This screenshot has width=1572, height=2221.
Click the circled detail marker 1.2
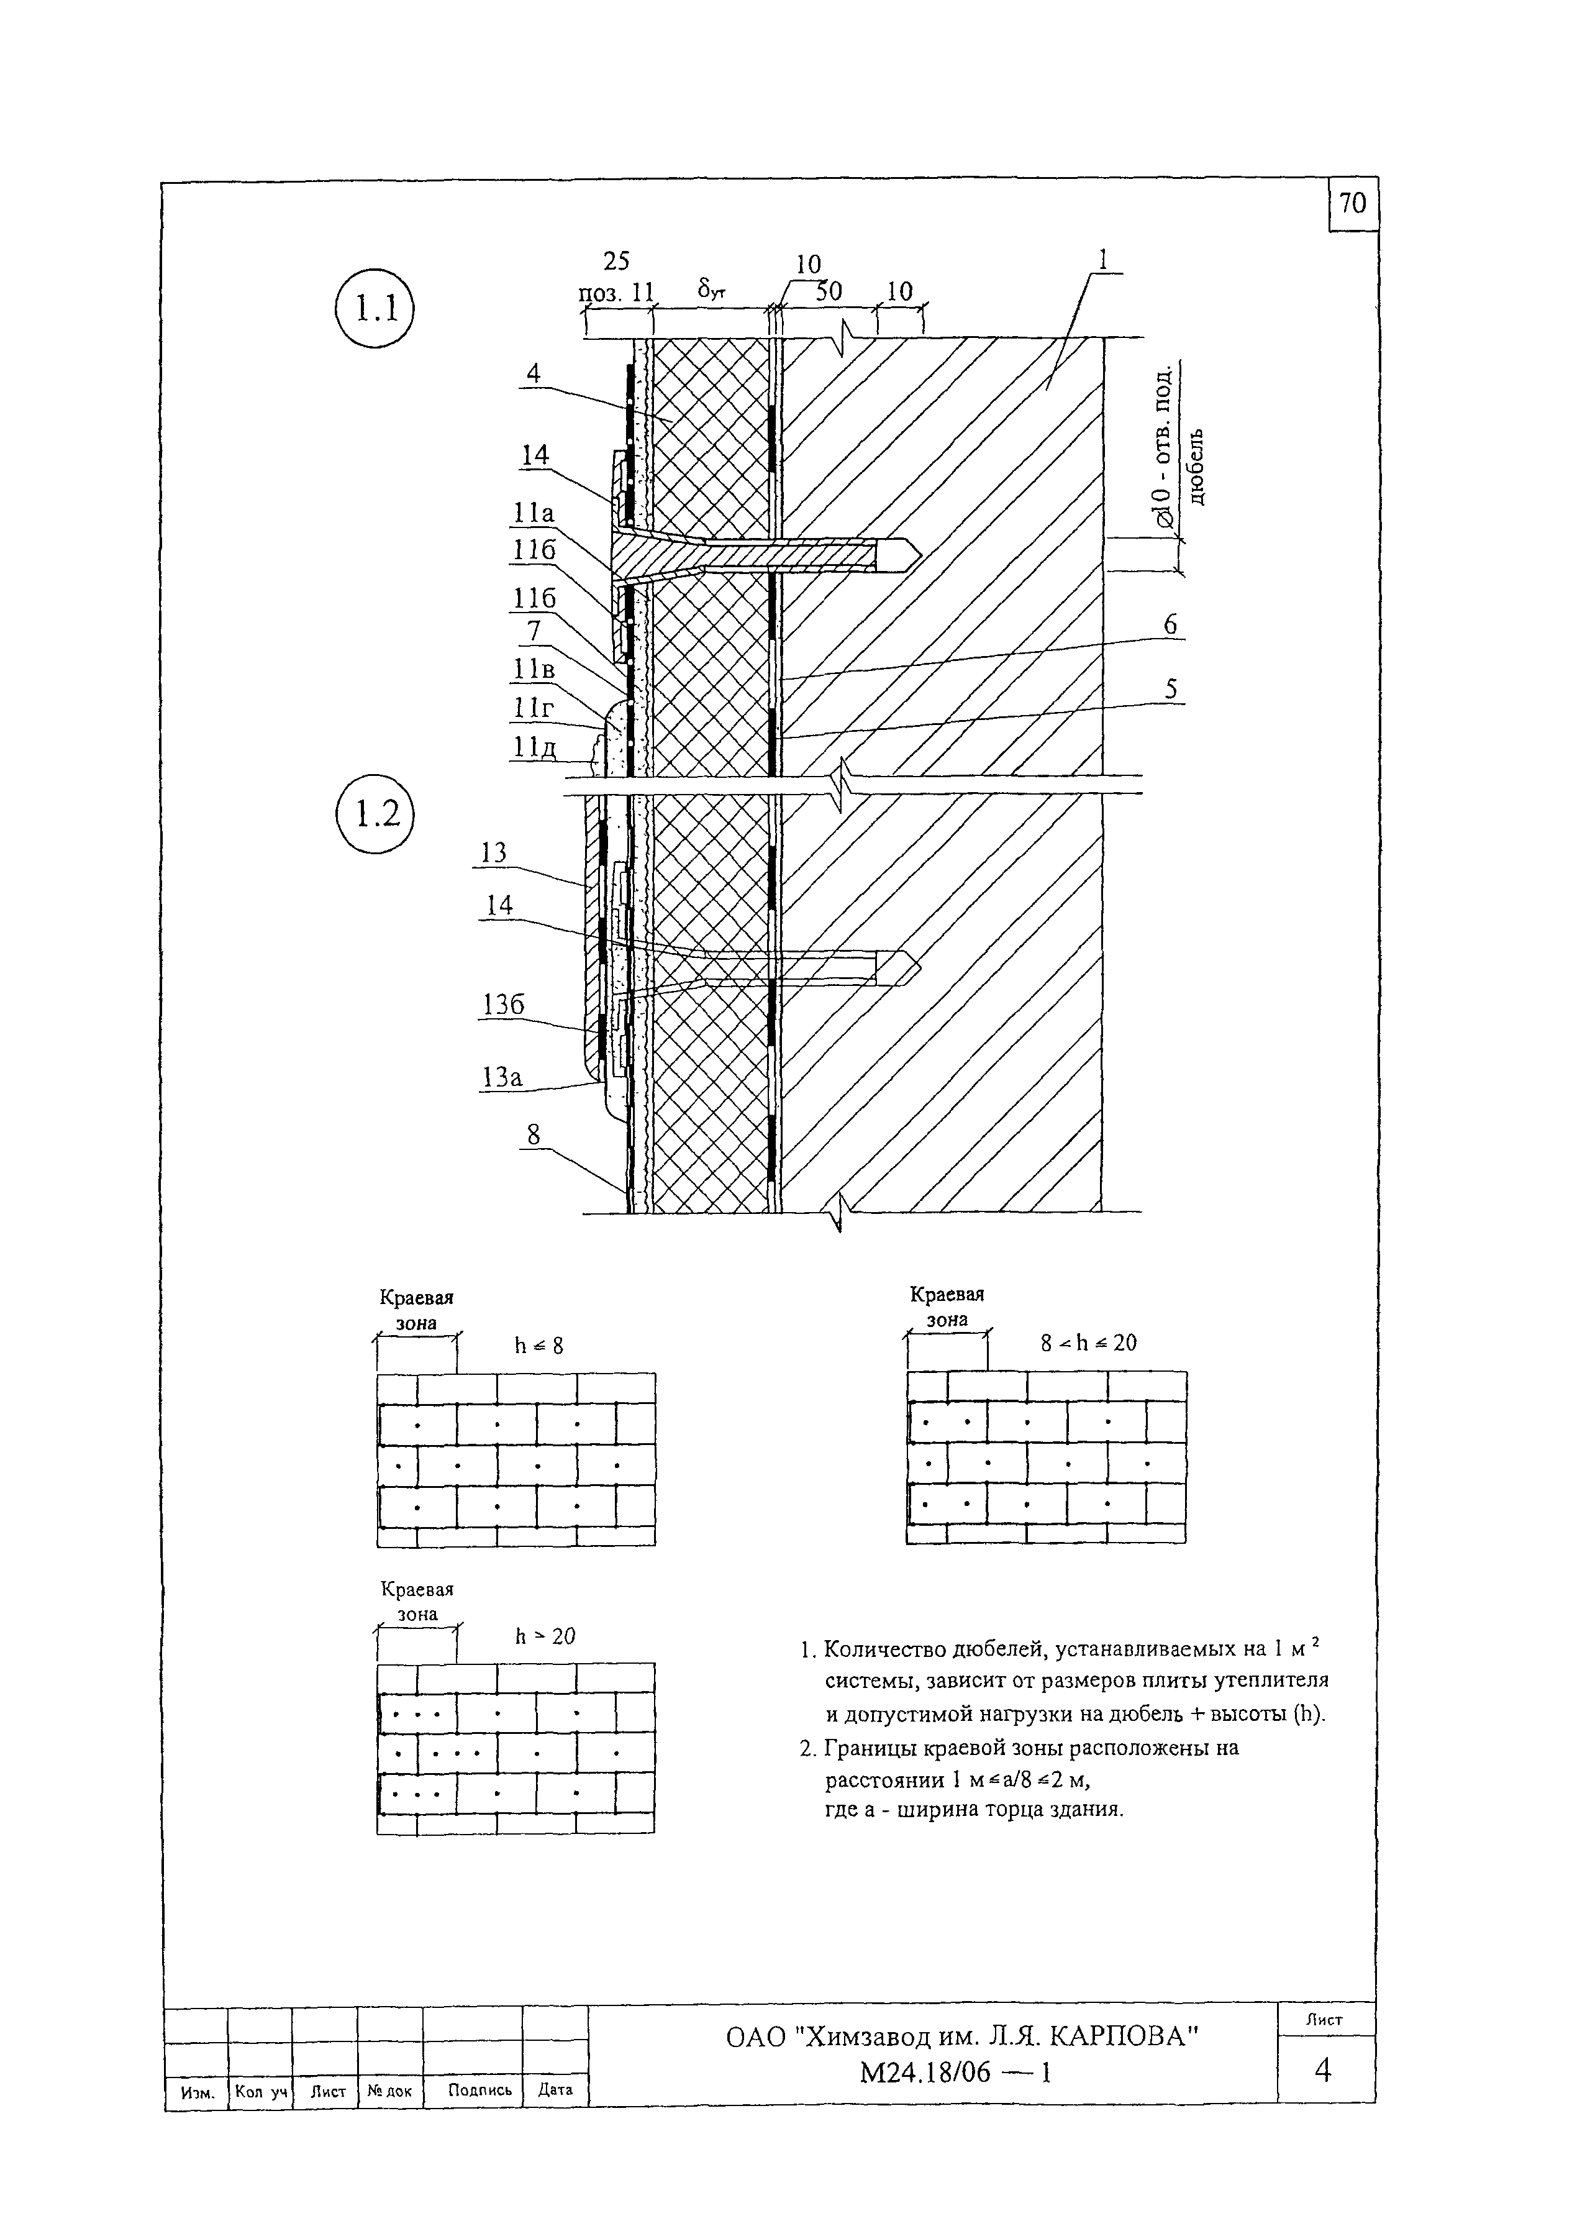pyautogui.click(x=374, y=813)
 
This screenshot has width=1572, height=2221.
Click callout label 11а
pyautogui.click(x=534, y=513)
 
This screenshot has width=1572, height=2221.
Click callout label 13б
pyautogui.click(x=503, y=1005)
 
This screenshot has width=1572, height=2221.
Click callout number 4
pyautogui.click(x=534, y=374)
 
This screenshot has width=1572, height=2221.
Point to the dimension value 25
pyautogui.click(x=617, y=262)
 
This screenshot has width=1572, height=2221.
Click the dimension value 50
pyautogui.click(x=828, y=291)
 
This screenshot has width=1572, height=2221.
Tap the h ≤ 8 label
pyautogui.click(x=538, y=1346)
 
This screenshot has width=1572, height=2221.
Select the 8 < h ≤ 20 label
pyautogui.click(x=1088, y=1343)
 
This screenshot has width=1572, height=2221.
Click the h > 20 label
pyautogui.click(x=545, y=1636)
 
